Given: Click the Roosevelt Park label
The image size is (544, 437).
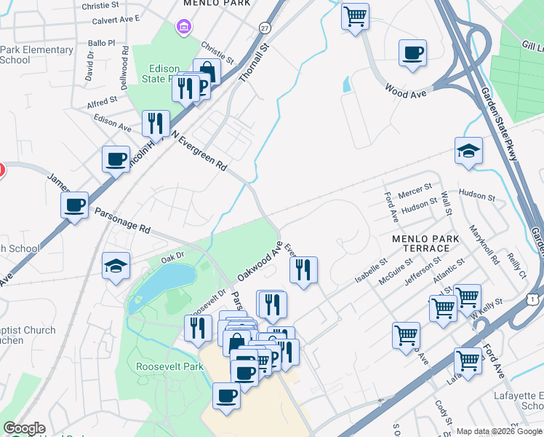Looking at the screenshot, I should coord(169,366).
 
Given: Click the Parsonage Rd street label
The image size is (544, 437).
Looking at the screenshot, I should coord(122,221).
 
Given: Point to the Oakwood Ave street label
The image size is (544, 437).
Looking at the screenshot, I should coord(260,263).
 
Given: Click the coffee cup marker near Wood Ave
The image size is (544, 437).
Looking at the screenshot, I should coord(412,52).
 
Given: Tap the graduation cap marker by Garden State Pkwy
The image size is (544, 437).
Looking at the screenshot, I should coord(468,151).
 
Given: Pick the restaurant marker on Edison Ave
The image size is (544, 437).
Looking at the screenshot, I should coord(156,123).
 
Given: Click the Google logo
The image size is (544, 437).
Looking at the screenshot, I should coord(24,428).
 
